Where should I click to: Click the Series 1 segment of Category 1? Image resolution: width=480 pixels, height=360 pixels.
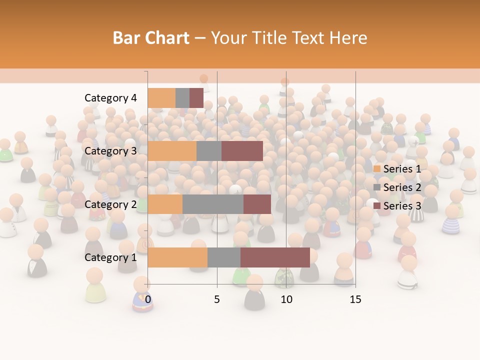(x=177, y=257)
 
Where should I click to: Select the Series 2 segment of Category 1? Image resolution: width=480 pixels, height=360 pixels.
(x=224, y=257)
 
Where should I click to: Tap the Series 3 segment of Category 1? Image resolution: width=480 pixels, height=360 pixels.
(x=275, y=257)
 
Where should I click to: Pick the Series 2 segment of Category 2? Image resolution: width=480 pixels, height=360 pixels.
(x=213, y=204)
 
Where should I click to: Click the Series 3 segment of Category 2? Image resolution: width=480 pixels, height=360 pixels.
(x=257, y=204)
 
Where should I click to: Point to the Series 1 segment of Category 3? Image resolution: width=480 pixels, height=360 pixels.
(x=172, y=151)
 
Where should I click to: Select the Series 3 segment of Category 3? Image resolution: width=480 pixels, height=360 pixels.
(x=242, y=151)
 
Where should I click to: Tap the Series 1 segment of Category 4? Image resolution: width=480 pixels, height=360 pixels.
(x=161, y=98)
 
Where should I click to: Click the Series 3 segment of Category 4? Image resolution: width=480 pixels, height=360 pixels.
(x=196, y=98)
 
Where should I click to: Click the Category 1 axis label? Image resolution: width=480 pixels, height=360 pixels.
(x=110, y=257)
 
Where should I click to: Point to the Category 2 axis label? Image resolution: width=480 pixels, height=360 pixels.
(x=110, y=204)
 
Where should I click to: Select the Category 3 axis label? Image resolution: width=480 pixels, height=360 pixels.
(x=110, y=151)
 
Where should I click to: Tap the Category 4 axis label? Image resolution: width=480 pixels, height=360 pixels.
(x=110, y=98)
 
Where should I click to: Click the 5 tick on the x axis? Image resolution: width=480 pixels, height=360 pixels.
(x=217, y=299)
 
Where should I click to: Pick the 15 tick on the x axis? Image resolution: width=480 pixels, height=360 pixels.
(x=355, y=299)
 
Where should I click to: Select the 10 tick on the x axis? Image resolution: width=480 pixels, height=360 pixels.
(x=286, y=299)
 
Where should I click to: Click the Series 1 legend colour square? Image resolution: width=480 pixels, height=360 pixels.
(x=377, y=169)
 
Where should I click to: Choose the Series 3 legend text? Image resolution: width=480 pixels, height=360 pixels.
(x=402, y=206)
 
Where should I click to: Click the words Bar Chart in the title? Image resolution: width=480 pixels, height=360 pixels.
(x=151, y=38)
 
